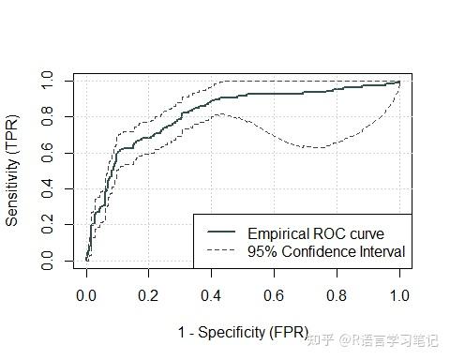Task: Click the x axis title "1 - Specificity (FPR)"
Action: tap(243, 332)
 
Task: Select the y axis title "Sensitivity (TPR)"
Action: tap(13, 171)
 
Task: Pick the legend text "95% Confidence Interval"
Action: tap(326, 251)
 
